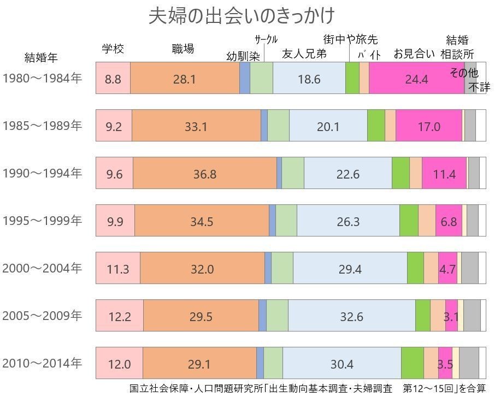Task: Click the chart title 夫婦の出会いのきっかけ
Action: point(241,16)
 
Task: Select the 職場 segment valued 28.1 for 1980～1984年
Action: point(185,79)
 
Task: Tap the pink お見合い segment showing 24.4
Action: point(416,79)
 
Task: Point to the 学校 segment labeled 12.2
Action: point(120,316)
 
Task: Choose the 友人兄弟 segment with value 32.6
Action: point(351,316)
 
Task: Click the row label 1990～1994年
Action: point(42,173)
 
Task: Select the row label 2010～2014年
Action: point(42,363)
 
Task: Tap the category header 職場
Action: point(182,49)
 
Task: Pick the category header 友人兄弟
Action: point(304,54)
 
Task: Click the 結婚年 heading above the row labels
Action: point(41,57)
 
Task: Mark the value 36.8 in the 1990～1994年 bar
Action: point(205,174)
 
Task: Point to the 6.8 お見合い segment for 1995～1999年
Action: point(449,221)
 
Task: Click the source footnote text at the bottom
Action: point(307,389)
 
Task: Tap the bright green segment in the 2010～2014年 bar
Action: point(412,363)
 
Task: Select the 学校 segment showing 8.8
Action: point(113,79)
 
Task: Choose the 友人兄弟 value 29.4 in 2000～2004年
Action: point(350,268)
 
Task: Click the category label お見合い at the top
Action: point(414,54)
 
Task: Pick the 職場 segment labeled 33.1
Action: point(196,126)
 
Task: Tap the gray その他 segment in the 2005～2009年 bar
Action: point(472,316)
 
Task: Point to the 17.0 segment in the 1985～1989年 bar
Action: point(429,126)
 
